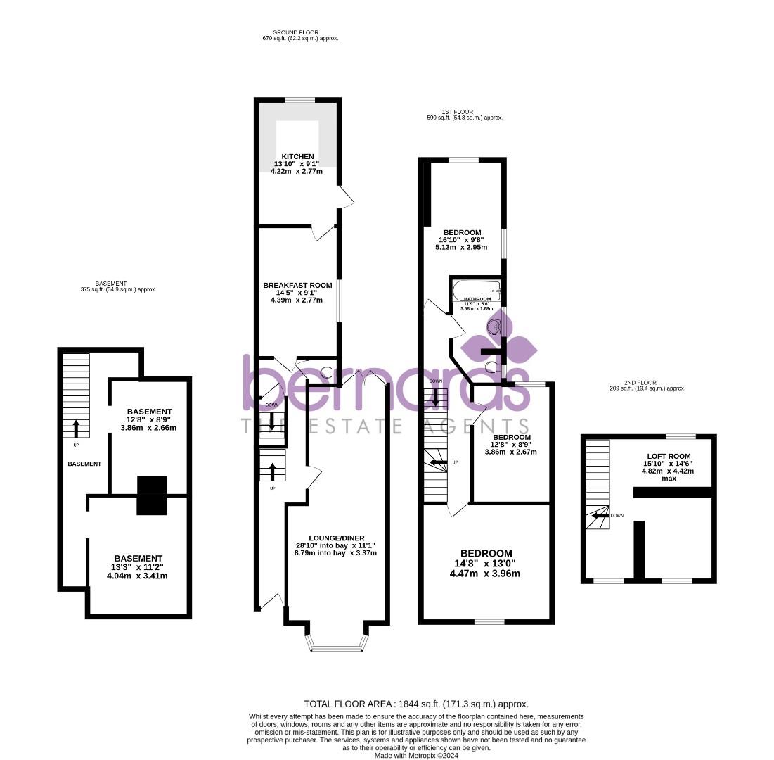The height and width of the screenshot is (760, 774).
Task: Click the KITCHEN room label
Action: pos(297,156)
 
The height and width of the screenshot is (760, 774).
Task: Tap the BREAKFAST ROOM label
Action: pos(297,285)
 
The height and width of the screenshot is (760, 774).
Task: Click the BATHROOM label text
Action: pos(476,299)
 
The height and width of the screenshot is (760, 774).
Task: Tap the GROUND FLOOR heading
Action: pos(295,32)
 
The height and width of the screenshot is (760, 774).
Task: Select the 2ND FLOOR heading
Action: pos(646,383)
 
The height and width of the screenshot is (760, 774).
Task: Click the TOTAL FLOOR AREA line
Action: pos(416,704)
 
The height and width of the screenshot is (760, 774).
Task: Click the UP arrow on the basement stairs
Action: pos(76,428)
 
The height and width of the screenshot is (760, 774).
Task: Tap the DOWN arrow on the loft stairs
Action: pos(598,515)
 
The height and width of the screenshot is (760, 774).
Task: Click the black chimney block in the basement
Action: pos(152,495)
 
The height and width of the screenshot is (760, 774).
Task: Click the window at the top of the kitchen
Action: pos(299,100)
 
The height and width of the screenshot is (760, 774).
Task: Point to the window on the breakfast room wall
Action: pos(340,301)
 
